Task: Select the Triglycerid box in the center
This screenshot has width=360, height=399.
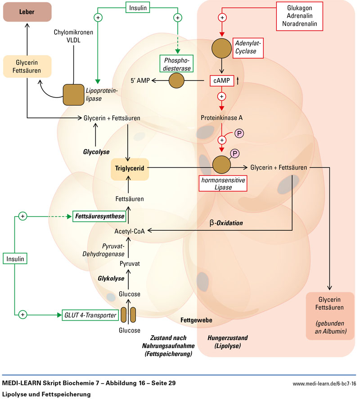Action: (x=130, y=168)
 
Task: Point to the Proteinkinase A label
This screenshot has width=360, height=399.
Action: (x=222, y=117)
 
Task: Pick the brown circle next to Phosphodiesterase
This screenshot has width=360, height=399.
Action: (x=176, y=81)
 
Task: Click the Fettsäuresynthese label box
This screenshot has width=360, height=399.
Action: (x=99, y=216)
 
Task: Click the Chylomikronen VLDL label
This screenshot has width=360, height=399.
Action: (x=73, y=36)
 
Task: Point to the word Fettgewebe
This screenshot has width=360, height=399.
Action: (x=196, y=320)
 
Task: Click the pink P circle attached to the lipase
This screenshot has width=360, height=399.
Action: (x=235, y=153)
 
